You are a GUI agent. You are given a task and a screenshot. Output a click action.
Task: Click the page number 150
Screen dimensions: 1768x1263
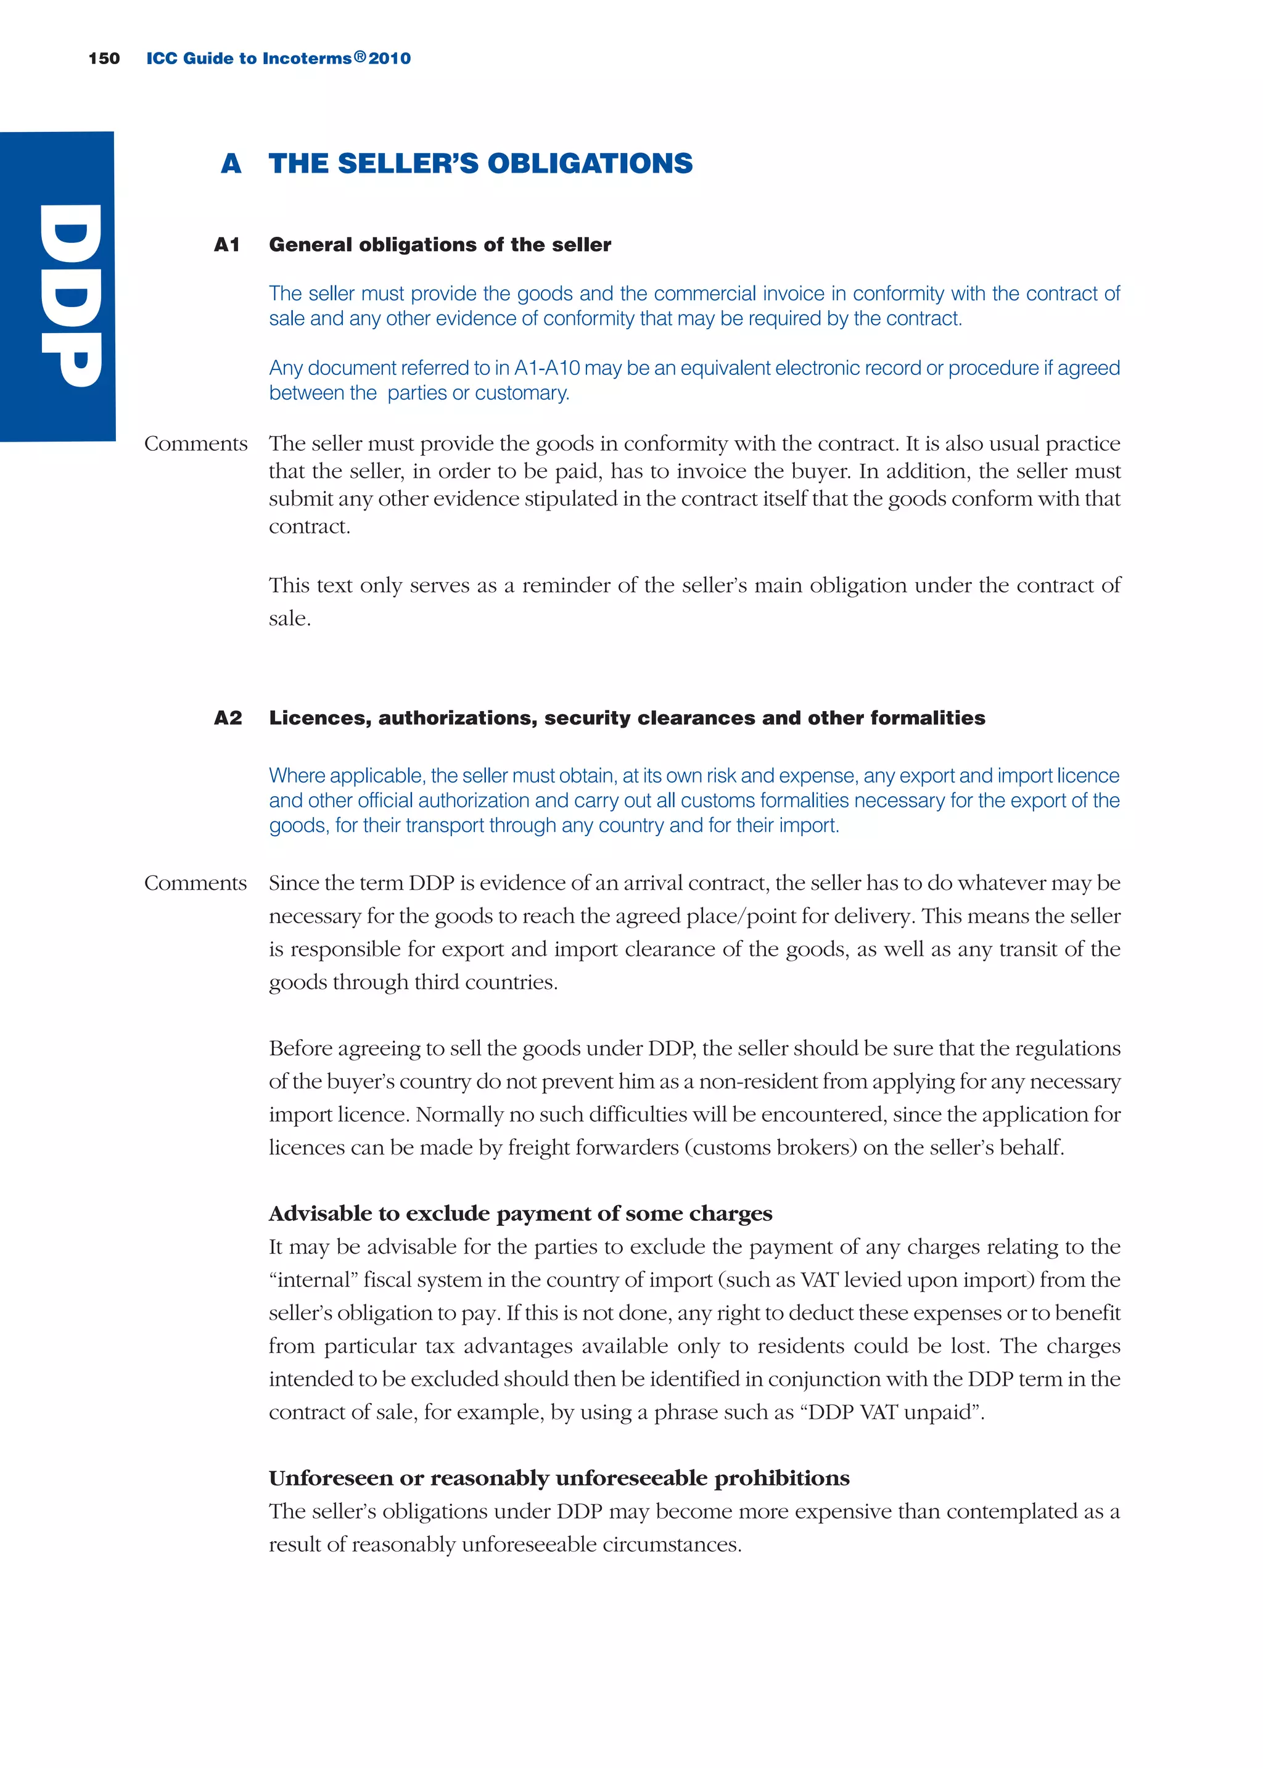(104, 59)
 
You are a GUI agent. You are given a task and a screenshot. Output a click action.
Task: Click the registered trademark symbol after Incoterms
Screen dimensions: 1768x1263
(360, 57)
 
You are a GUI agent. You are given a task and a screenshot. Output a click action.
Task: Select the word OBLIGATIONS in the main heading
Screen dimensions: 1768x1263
(590, 163)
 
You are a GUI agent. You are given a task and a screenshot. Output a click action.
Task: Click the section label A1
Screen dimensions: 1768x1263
(226, 245)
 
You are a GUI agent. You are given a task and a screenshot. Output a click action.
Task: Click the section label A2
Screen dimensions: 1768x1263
(228, 718)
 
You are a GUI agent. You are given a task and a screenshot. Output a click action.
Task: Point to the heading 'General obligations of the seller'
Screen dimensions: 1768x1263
(440, 245)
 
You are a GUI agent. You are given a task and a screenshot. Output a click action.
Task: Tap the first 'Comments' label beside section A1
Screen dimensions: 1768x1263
(195, 444)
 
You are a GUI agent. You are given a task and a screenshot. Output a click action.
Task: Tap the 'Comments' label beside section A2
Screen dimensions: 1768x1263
(195, 883)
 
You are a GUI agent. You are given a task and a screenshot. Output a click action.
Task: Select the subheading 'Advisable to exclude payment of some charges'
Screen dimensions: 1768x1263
(520, 1214)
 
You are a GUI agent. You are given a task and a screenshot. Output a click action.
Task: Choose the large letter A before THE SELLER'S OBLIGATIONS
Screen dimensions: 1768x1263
(231, 164)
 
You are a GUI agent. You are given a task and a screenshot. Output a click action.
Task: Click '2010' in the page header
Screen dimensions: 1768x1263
(390, 59)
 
